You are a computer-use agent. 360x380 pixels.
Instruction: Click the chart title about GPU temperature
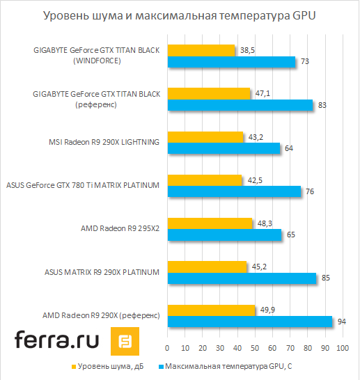tap(179, 15)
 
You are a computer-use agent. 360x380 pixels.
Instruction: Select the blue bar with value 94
tap(249, 322)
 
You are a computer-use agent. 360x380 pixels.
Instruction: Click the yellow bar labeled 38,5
tap(201, 50)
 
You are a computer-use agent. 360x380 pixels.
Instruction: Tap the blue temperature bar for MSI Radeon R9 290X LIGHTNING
tap(223, 148)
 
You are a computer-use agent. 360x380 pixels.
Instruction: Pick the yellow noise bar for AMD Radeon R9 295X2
tap(209, 223)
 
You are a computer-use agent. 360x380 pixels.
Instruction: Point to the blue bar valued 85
tap(241, 278)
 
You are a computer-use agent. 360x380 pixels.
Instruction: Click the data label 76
tap(311, 191)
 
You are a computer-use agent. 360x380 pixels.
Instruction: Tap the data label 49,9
tap(267, 310)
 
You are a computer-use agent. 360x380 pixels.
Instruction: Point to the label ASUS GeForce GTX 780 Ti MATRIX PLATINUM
tap(84, 184)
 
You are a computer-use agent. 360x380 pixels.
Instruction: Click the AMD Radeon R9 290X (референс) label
tap(102, 315)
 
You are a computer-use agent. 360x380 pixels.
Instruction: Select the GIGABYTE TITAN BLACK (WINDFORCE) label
tap(97, 55)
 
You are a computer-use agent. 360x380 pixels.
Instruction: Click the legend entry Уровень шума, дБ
tap(108, 365)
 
